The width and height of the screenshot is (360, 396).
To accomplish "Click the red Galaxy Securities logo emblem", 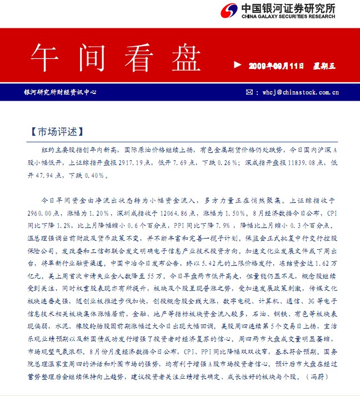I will pyautogui.click(x=229, y=11).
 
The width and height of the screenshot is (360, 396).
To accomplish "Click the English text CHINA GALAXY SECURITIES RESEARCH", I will pyautogui.click(x=288, y=17).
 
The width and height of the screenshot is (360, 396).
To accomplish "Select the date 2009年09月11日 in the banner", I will pyautogui.click(x=276, y=66).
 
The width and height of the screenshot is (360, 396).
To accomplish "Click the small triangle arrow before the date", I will pyautogui.click(x=238, y=65).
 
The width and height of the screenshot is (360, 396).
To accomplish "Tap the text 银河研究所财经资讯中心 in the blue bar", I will pyautogui.click(x=59, y=92).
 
